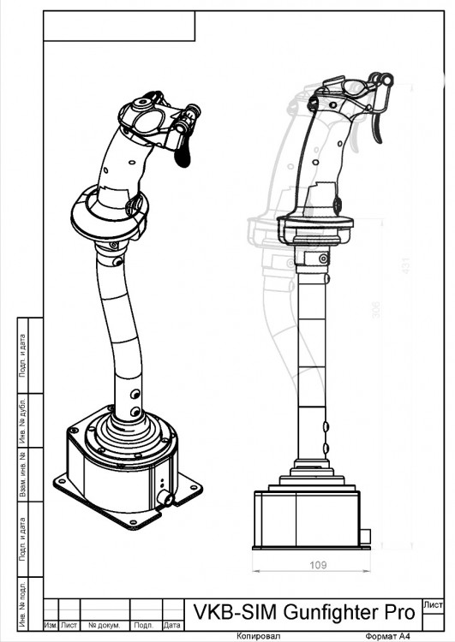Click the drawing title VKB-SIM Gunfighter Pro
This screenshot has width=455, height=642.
(x=303, y=613)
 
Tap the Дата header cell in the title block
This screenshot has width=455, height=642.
(x=171, y=626)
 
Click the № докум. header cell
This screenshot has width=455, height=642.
(x=103, y=626)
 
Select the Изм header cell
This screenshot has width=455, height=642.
(x=50, y=626)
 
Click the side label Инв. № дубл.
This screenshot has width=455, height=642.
(x=23, y=417)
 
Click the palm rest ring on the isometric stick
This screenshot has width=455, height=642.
(x=109, y=212)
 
